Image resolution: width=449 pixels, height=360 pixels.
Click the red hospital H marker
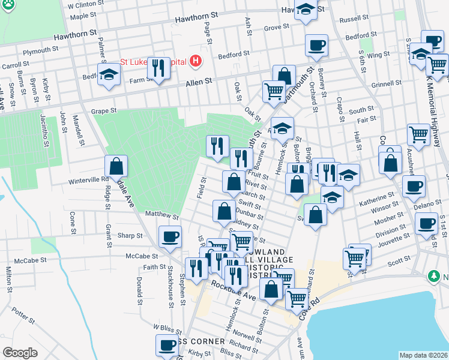[x=194, y=61]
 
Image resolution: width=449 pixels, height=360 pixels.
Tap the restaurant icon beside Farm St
[x=158, y=68]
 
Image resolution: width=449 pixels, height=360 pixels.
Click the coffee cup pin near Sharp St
[x=170, y=236]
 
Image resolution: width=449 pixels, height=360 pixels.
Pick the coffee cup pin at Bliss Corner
[x=167, y=346]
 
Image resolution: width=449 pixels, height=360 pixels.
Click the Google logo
[x=20, y=352]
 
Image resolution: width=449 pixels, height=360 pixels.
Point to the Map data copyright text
[x=423, y=355]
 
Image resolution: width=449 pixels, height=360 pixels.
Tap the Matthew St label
[x=163, y=214]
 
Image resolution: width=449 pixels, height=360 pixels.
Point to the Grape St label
[x=103, y=111]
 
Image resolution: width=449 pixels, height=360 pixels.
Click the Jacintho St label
[x=44, y=130]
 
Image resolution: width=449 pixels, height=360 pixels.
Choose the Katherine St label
[x=376, y=195]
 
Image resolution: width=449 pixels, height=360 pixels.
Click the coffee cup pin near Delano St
[x=413, y=187]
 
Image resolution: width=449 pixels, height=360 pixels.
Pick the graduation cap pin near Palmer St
[x=109, y=74]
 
